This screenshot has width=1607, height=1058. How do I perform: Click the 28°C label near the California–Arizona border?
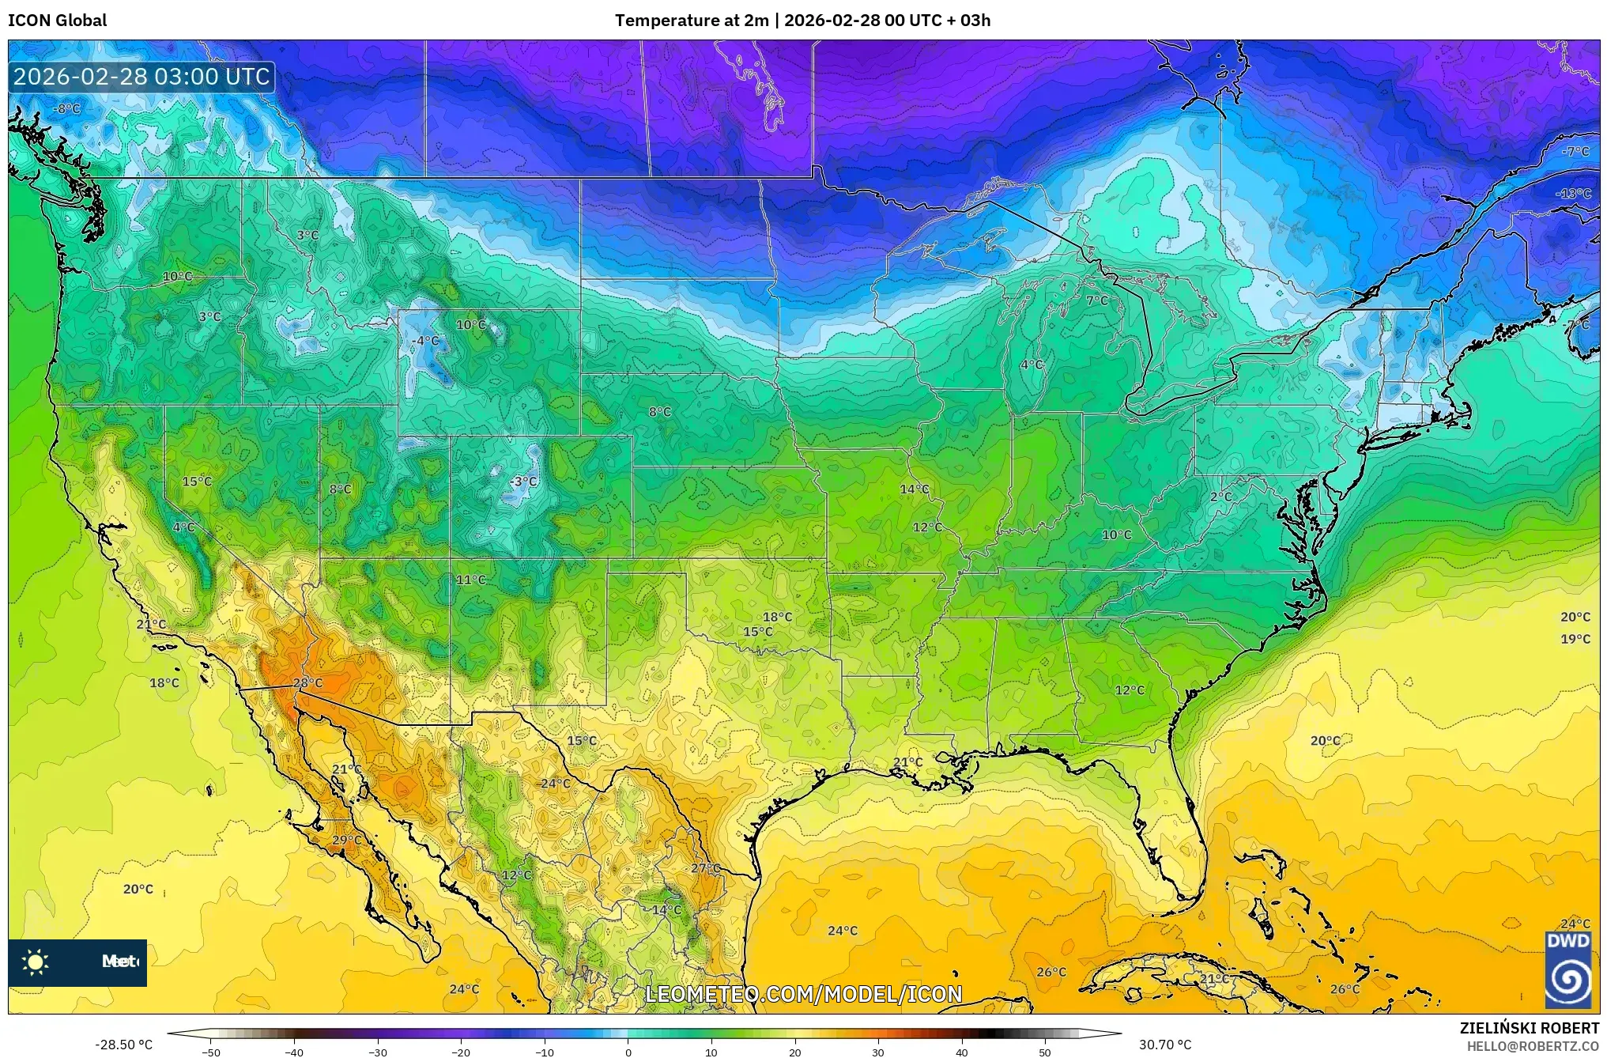(x=307, y=682)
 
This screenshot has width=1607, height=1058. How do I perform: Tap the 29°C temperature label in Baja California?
(x=346, y=840)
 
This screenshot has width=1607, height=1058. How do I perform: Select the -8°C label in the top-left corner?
(x=66, y=109)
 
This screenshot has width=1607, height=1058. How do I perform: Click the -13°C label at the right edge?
(x=1573, y=194)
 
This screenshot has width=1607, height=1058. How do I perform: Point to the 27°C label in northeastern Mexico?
(x=705, y=867)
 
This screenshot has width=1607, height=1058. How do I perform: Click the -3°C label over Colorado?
(x=522, y=482)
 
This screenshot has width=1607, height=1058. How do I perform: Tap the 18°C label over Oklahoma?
(x=777, y=617)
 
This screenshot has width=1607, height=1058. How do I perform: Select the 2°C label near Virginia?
(x=1220, y=497)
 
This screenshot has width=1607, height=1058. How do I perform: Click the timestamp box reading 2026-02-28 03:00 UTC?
(x=141, y=77)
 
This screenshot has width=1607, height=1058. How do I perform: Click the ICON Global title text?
(x=57, y=21)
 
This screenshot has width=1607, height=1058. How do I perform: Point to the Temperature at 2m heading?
(x=691, y=21)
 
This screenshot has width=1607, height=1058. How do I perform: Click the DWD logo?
(x=1567, y=969)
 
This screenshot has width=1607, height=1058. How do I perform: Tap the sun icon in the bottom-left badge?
(x=36, y=962)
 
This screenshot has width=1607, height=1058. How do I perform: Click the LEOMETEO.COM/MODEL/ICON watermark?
(x=803, y=994)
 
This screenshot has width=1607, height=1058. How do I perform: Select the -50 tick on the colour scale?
(x=210, y=1052)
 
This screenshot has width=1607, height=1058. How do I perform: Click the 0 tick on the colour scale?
(x=628, y=1052)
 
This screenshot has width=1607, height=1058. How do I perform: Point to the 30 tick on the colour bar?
(x=877, y=1052)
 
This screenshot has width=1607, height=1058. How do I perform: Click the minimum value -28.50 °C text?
(x=123, y=1045)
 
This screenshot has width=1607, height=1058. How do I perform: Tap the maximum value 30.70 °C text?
(x=1164, y=1045)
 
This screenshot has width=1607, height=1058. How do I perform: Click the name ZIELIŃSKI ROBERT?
(x=1529, y=1028)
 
